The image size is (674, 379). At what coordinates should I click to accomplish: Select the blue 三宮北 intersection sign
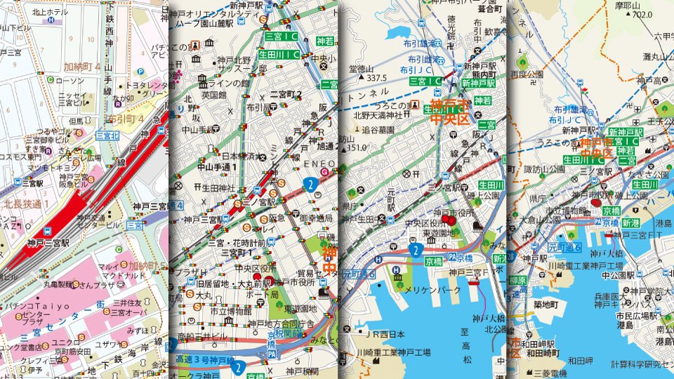click(107, 135)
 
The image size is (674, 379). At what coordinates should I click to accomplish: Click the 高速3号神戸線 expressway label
click(204, 359)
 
